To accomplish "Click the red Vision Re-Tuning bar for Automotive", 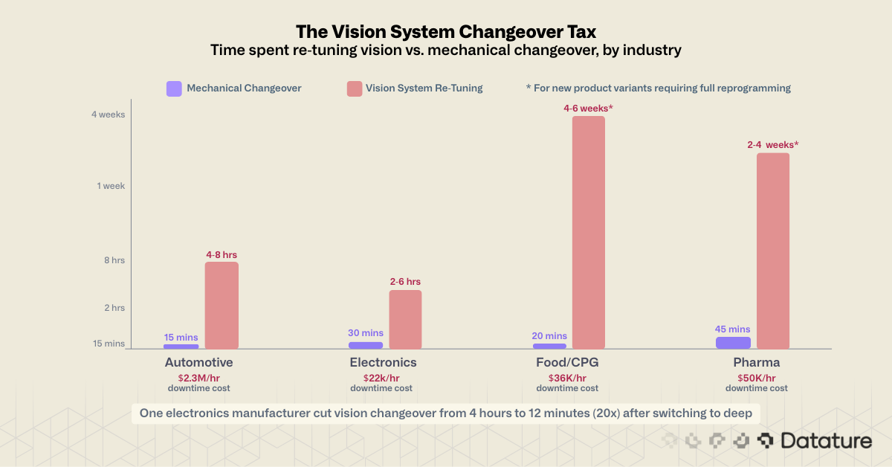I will click(x=222, y=305).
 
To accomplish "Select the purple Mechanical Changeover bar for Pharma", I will click(x=733, y=343).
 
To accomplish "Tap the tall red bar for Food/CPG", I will click(x=588, y=232).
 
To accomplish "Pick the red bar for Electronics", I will click(x=405, y=319).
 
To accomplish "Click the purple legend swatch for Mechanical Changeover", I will click(x=174, y=88).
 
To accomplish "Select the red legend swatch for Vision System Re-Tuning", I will click(x=355, y=88).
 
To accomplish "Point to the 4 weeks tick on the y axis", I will click(x=108, y=115).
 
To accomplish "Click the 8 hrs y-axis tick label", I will click(x=113, y=260).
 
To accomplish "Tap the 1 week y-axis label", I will click(x=111, y=186).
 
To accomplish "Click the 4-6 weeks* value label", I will click(x=588, y=108).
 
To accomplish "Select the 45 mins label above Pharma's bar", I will click(x=733, y=329).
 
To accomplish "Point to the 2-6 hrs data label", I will click(x=405, y=282).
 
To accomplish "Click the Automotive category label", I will click(x=198, y=363).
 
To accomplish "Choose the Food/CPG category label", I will click(x=567, y=363).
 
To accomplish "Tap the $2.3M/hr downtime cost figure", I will click(x=198, y=378).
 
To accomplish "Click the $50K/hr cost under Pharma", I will click(x=757, y=378).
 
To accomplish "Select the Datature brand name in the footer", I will click(x=825, y=441).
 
